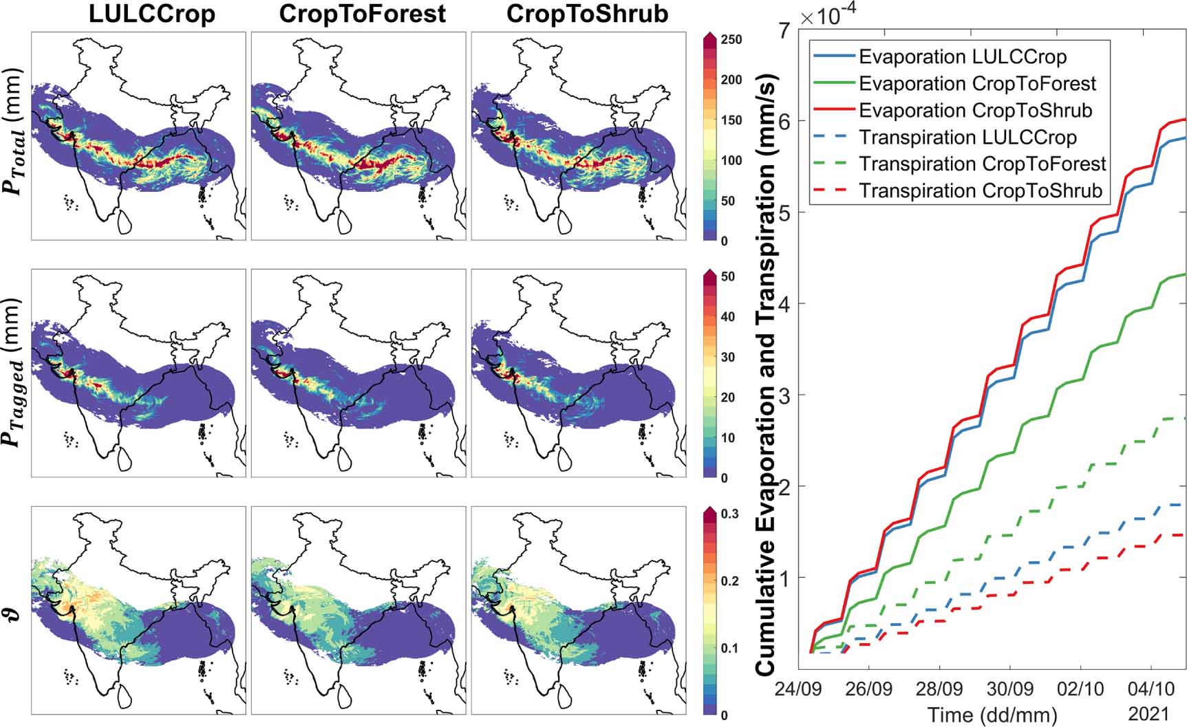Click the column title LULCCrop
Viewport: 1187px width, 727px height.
[x=151, y=14]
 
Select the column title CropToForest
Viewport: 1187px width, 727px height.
[x=362, y=14]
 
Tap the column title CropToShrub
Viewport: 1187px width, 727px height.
[x=587, y=14]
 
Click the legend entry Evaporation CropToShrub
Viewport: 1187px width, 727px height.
[x=975, y=111]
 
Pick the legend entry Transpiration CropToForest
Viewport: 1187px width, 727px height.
[x=982, y=164]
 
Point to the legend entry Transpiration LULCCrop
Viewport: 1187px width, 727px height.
[x=967, y=138]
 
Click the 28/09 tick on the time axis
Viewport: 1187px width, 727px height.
[x=939, y=688]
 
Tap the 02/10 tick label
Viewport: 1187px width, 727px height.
[x=1080, y=688]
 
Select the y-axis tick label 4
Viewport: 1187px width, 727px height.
[x=784, y=304]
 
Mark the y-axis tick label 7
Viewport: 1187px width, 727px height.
[x=784, y=30]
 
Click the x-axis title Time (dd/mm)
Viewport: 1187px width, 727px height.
[x=992, y=715]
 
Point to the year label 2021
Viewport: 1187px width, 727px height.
[x=1148, y=713]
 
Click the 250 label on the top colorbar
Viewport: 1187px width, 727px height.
[x=731, y=40]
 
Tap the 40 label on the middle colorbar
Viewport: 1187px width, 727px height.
[x=727, y=317]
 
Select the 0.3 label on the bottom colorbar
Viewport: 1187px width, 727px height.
[x=729, y=514]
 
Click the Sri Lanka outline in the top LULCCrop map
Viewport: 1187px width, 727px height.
[x=125, y=221]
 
